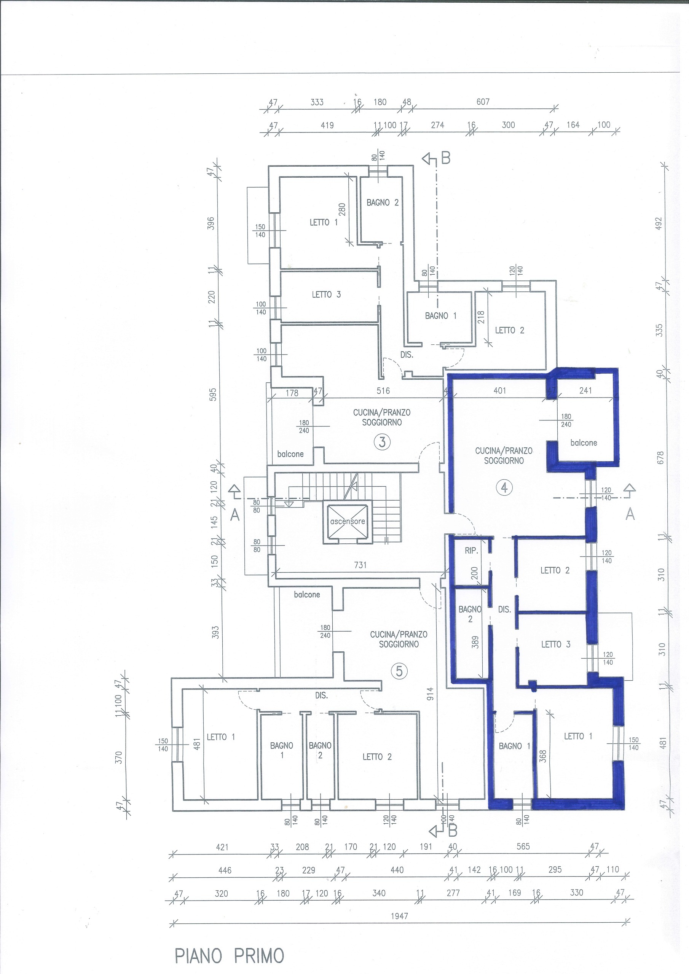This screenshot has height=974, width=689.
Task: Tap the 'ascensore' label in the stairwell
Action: pos(347,521)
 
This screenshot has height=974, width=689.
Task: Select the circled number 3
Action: pos(382,442)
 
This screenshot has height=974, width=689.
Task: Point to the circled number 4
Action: pos(504,487)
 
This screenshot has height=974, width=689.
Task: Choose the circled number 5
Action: pos(399,671)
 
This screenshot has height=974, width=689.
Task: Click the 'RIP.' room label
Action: pos(471,551)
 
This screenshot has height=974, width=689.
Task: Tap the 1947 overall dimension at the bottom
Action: pos(399,916)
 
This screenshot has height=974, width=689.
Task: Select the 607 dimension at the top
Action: pos(483,102)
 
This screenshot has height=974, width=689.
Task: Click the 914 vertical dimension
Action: pos(430,694)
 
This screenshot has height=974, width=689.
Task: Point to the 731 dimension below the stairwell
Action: pos(360,565)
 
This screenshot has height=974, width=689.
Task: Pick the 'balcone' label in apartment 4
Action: pos(584,442)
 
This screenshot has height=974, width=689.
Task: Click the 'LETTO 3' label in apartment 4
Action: pos(556,645)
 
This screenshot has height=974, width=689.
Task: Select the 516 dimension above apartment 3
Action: pos(383,391)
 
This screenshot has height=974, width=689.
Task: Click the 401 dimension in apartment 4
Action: pos(500,390)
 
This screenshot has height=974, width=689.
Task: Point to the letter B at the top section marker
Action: pos(445,158)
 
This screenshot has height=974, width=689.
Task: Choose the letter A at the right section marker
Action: pos(630,514)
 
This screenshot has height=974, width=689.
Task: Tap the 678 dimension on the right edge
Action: pos(660,457)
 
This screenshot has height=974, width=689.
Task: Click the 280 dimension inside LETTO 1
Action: pos(342,210)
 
